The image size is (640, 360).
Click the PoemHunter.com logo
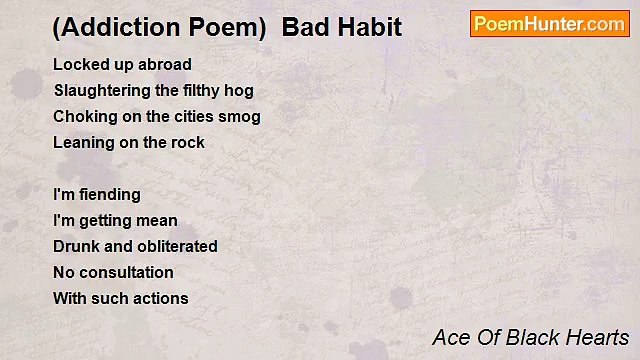tap(549, 24)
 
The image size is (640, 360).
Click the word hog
tap(239, 90)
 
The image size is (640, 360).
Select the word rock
tap(188, 142)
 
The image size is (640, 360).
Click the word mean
tap(157, 220)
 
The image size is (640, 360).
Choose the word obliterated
tap(177, 246)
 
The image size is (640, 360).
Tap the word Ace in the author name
tap(451, 337)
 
